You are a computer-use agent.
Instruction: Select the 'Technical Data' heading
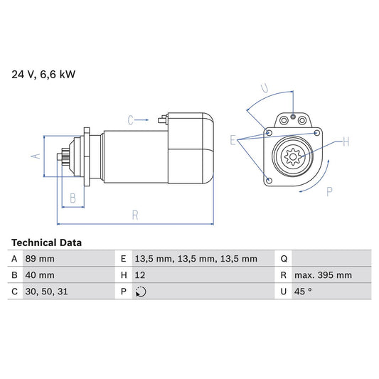(x=46, y=242)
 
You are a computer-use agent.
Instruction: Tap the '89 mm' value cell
(x=40, y=259)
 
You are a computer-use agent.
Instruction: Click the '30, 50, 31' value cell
(x=47, y=292)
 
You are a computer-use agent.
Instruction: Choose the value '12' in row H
(x=139, y=275)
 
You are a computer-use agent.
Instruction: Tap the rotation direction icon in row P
(x=140, y=292)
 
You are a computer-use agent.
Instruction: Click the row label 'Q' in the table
(x=284, y=259)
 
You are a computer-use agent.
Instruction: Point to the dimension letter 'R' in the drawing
(x=134, y=215)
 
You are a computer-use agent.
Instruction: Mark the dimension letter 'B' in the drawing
(x=72, y=198)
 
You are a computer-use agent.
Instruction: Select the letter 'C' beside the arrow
(x=132, y=120)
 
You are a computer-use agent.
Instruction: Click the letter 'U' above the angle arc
(x=264, y=89)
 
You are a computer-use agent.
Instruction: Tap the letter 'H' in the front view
(x=346, y=142)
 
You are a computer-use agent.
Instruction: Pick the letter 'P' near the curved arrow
(x=329, y=191)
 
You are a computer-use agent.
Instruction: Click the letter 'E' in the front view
(x=233, y=141)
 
